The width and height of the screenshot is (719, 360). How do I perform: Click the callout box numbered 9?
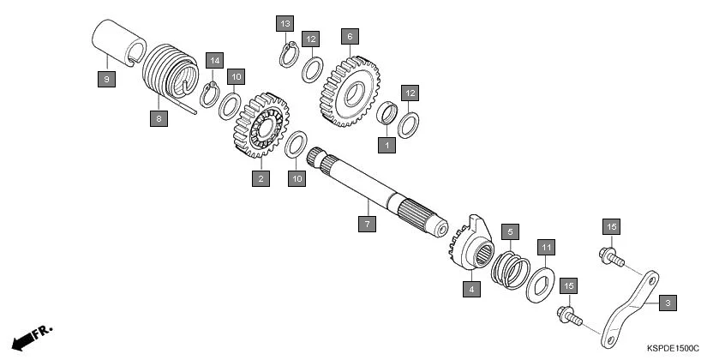(x=106, y=79)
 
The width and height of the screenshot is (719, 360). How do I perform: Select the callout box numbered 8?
(x=159, y=119)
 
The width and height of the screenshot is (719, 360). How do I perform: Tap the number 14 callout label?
(x=214, y=61)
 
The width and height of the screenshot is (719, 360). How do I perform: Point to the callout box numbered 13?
(x=285, y=21)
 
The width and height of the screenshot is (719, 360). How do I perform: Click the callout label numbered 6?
(x=348, y=37)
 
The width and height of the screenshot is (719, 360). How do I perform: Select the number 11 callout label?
(x=546, y=248)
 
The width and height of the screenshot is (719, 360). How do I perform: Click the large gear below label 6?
(x=350, y=91)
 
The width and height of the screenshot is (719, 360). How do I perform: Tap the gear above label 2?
(x=260, y=128)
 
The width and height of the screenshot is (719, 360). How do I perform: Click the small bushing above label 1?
(x=388, y=113)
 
